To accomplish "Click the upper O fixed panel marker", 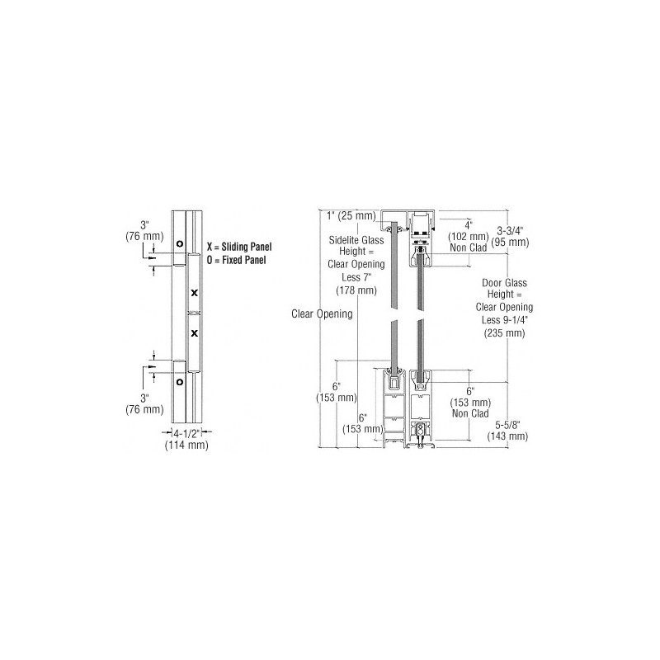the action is [x=180, y=243].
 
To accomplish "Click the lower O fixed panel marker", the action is [x=180, y=382].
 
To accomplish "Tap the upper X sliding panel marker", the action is [x=194, y=293].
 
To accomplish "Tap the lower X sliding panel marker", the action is [x=194, y=333].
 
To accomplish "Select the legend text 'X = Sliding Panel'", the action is [x=239, y=247].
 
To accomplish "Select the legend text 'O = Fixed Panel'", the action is [x=236, y=260].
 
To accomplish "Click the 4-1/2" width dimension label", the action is [x=186, y=433].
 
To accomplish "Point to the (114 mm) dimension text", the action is [x=186, y=445].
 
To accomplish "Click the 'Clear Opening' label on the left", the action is [x=322, y=314].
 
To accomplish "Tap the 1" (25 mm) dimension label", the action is [x=351, y=216].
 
